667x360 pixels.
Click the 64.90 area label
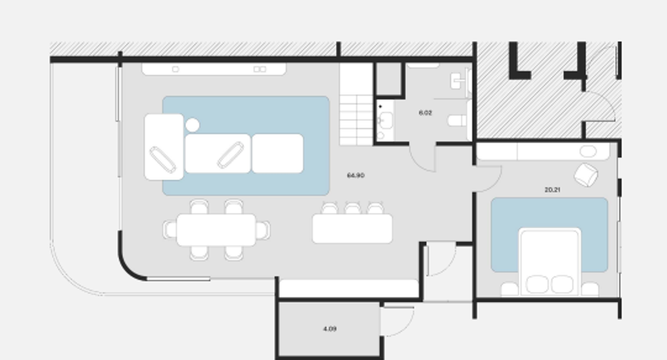356,175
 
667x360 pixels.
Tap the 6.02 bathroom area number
425,113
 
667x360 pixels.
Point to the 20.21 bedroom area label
552,190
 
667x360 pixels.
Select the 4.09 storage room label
330,329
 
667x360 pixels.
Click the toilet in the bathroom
457,120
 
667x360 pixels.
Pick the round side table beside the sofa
192,125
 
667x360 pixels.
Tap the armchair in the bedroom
586,175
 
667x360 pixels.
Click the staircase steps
356,105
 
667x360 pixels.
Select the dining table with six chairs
216,230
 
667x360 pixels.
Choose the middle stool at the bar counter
352,208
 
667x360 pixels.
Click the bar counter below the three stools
352,229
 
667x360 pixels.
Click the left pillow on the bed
537,284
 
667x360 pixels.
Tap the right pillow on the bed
562,284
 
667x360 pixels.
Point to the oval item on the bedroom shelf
588,151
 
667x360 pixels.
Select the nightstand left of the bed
510,289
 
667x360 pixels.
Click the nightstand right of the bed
590,289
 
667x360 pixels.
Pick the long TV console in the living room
214,69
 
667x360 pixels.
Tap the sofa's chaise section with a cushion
164,147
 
